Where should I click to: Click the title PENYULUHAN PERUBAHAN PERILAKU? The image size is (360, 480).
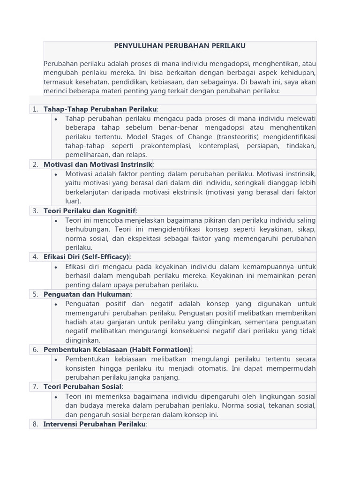[180, 46]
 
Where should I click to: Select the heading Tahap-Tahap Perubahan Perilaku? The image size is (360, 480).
[100, 109]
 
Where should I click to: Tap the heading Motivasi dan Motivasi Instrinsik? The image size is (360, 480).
[97, 165]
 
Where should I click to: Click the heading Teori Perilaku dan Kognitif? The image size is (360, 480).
[89, 211]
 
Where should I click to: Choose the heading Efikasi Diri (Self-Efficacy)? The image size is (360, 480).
[86, 257]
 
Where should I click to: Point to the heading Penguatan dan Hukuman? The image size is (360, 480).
[87, 294]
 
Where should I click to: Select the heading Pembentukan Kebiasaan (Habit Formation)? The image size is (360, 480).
[117, 350]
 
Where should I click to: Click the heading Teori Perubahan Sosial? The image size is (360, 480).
[82, 387]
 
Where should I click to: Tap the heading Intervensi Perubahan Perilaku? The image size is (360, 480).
[95, 424]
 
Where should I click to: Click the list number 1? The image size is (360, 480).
[34, 109]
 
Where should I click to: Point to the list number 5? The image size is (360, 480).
[34, 294]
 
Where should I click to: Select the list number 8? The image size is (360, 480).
[34, 424]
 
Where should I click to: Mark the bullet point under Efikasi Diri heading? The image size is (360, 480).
[56, 267]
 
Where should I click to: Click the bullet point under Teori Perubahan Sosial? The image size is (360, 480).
[56, 397]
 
